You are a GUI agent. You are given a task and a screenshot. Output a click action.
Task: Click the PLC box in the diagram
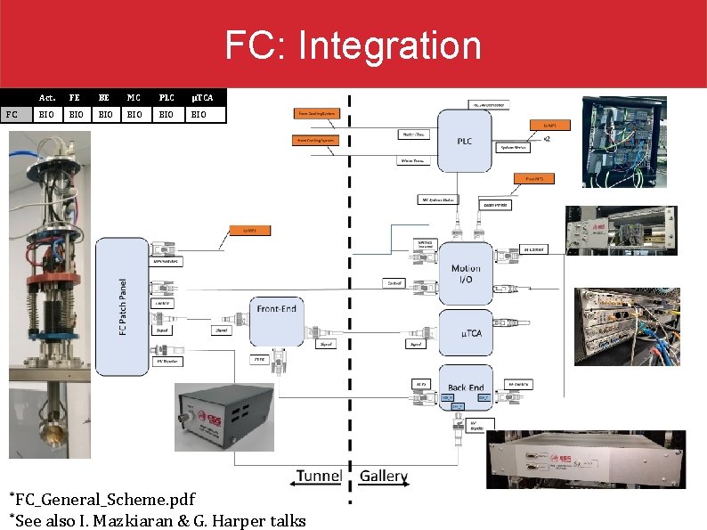tap(465, 141)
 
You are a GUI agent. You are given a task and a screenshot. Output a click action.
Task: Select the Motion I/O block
tap(465, 273)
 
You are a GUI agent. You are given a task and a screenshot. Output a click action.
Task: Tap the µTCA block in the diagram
tap(465, 332)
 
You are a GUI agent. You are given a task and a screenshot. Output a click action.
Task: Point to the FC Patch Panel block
tap(121, 306)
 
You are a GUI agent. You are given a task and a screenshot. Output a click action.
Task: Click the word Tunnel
tap(319, 476)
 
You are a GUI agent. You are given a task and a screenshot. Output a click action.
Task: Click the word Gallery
tap(384, 477)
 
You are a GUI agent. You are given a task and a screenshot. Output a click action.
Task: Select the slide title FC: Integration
tap(353, 45)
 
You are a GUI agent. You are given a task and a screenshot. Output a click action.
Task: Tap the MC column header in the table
tap(134, 97)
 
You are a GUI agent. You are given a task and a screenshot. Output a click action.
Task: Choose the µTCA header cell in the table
tap(199, 97)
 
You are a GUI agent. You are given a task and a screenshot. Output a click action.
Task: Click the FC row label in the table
tap(12, 114)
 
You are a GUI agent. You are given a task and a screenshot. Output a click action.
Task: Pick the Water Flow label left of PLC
tap(415, 135)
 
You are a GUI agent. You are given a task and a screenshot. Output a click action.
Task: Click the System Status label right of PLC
tap(516, 147)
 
